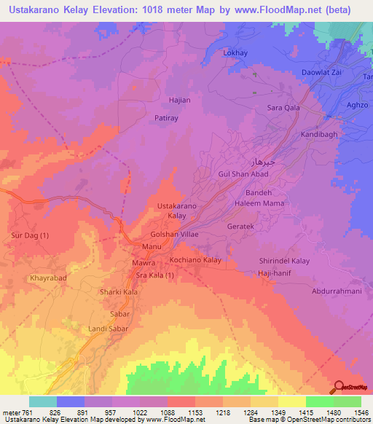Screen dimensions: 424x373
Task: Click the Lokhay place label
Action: (235, 53)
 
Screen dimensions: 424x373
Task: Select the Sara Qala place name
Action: (284, 108)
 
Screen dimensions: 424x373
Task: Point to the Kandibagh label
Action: (320, 136)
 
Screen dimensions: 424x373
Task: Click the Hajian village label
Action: (159, 100)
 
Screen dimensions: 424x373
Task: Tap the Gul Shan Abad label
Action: (244, 174)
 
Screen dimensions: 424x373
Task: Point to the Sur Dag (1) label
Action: (30, 235)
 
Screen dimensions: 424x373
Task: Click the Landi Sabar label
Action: (108, 329)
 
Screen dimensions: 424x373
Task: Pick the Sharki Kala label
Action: (119, 292)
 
